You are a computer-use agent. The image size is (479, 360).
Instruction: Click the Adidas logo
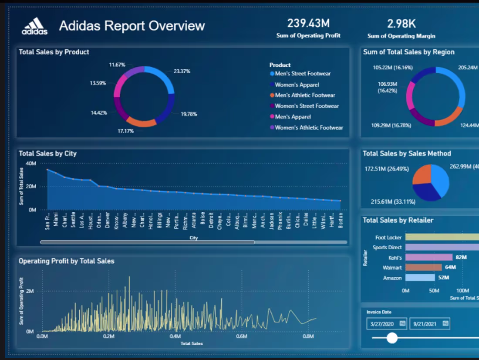click(34, 26)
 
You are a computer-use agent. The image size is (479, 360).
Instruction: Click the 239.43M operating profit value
click(308, 23)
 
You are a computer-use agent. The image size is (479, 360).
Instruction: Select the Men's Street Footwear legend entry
click(303, 74)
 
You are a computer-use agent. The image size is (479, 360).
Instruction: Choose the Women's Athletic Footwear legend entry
click(309, 128)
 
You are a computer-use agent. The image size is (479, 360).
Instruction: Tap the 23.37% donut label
click(182, 71)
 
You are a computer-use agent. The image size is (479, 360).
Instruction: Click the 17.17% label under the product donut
click(125, 131)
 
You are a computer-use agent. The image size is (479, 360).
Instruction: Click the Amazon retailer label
click(392, 278)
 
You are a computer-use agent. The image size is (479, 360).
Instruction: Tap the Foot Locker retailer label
click(388, 238)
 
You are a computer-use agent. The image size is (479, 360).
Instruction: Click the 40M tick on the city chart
click(31, 163)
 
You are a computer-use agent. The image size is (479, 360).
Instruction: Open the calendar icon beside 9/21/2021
click(445, 323)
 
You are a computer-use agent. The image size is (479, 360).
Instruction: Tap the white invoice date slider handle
click(392, 338)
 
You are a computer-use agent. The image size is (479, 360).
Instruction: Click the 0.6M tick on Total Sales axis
click(242, 336)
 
